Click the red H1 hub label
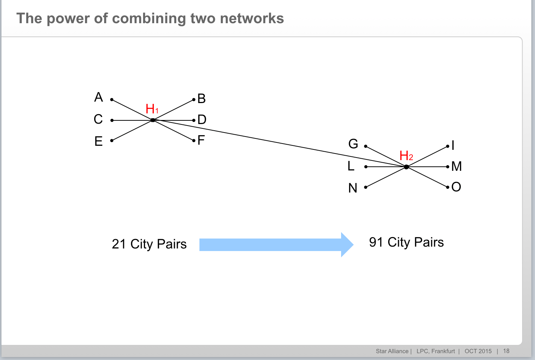click(x=152, y=109)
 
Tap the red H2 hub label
click(x=406, y=156)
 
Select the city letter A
click(x=98, y=97)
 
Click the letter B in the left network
click(x=201, y=99)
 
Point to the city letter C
click(x=98, y=119)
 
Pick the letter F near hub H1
click(x=201, y=140)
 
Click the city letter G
click(x=353, y=144)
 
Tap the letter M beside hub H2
click(x=456, y=166)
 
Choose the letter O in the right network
click(x=456, y=187)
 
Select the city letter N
click(x=353, y=188)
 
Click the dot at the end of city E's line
click(x=112, y=140)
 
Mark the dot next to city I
click(x=447, y=147)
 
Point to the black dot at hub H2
click(x=406, y=167)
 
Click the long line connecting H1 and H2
click(x=280, y=144)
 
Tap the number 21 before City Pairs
click(x=119, y=244)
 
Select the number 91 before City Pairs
click(x=376, y=242)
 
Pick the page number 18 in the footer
click(x=506, y=351)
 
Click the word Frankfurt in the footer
click(x=443, y=351)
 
